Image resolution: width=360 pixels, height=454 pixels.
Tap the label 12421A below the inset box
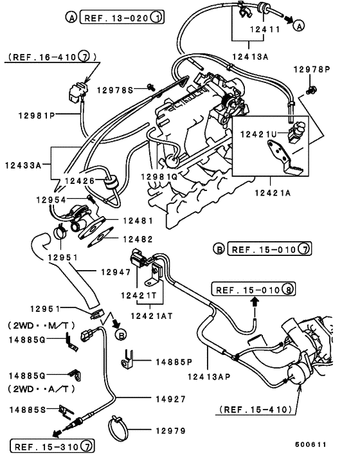pyautogui.click(x=273, y=190)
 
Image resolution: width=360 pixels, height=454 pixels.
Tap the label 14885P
pyautogui.click(x=174, y=362)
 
